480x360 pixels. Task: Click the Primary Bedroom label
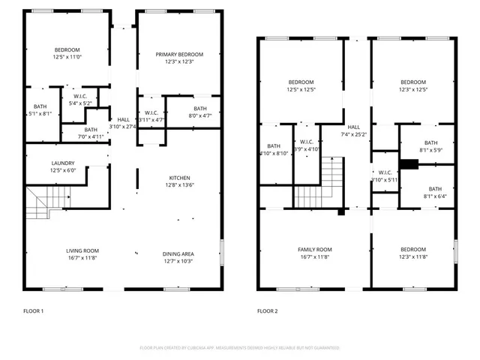[179, 54]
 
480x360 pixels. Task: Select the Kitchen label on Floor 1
[178, 178]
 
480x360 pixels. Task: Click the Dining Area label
[178, 253]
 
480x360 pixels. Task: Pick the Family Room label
[314, 250]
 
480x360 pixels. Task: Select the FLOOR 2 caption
[268, 310]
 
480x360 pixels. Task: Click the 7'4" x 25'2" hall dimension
[353, 135]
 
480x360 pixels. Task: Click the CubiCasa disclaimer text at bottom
[239, 348]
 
